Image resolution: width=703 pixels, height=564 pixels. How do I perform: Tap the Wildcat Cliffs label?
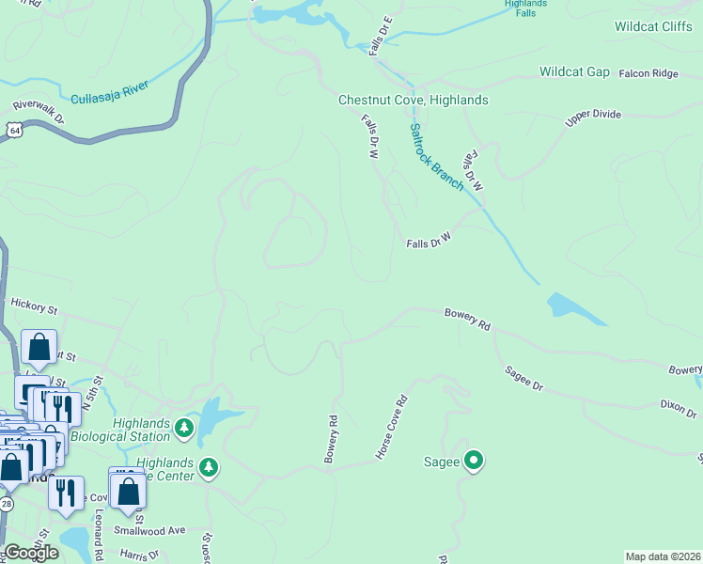(x=653, y=26)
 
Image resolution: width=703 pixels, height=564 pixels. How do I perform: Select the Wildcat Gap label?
(x=574, y=72)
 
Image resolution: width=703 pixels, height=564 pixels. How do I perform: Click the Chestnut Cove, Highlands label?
(x=414, y=100)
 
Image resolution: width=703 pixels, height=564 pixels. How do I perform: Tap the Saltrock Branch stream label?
(x=436, y=156)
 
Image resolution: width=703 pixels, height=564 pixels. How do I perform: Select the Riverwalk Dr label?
(x=39, y=112)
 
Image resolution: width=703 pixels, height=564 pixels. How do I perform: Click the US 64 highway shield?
(x=13, y=130)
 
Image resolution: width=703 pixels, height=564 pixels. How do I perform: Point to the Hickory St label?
(x=34, y=305)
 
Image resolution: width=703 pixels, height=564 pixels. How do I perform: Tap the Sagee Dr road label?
(x=523, y=380)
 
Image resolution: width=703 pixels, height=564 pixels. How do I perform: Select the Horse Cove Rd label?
(x=392, y=426)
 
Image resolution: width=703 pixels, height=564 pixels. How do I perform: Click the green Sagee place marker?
(x=476, y=462)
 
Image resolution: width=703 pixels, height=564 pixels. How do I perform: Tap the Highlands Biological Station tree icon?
(x=184, y=431)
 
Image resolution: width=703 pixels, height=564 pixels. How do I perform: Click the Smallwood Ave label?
(x=150, y=531)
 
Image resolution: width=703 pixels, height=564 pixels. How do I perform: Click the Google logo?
(x=31, y=553)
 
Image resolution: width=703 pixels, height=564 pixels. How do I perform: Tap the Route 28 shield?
(x=7, y=506)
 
